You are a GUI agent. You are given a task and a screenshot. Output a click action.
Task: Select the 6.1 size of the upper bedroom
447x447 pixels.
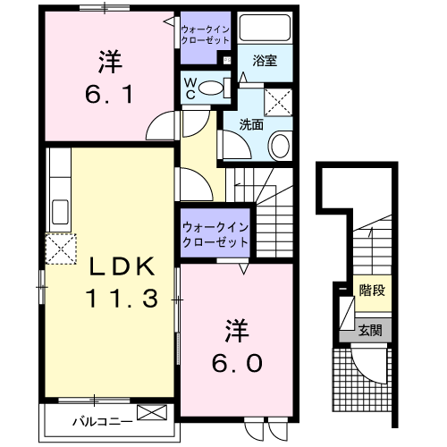(x=110, y=92)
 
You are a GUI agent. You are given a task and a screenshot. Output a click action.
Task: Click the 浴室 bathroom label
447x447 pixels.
(x=264, y=62)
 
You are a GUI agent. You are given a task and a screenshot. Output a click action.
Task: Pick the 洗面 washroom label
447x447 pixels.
(x=251, y=125)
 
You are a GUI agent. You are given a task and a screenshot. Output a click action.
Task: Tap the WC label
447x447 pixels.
(x=191, y=86)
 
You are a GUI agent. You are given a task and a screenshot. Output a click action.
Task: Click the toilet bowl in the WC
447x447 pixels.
(x=211, y=88)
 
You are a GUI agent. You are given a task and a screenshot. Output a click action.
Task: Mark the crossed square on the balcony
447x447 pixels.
(x=153, y=413)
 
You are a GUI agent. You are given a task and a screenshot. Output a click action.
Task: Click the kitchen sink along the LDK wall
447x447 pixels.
(x=63, y=213)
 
